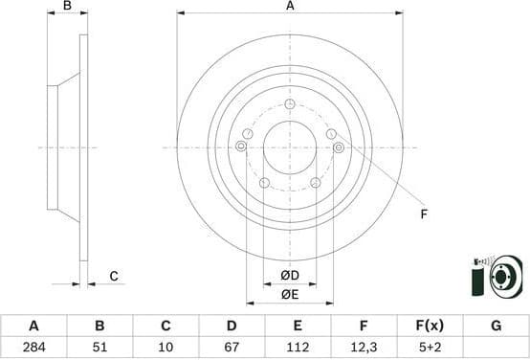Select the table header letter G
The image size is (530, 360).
coord(496,326)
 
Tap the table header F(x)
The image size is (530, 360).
coord(430,326)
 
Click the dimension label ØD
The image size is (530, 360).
coord(290,277)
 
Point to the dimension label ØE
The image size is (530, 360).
coord(290,295)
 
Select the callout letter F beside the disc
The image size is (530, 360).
coord(423,214)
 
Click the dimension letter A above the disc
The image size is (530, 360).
coord(290,7)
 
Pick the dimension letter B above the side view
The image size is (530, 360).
coord(67,7)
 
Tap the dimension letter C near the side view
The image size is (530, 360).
coord(113,277)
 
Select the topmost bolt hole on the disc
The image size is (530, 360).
coord(290,103)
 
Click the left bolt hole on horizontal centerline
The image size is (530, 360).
coord(240,146)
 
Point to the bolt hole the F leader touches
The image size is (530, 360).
coord(340,146)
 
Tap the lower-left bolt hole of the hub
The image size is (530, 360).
coord(264,182)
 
